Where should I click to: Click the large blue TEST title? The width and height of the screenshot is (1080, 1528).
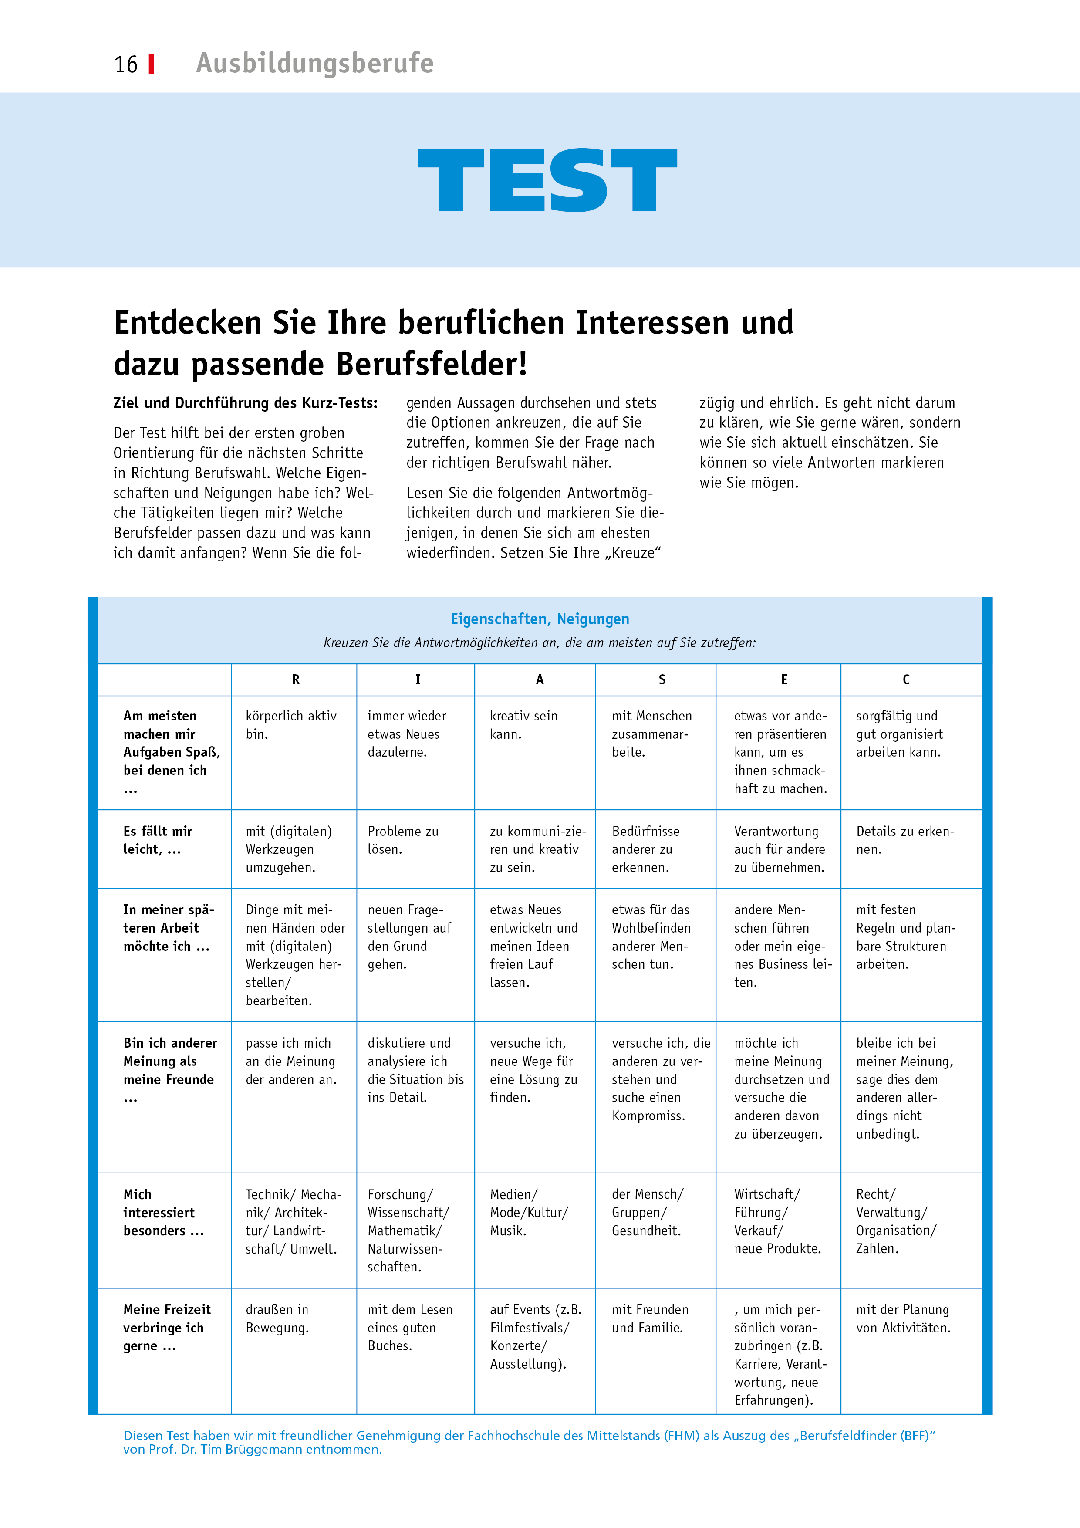click(547, 180)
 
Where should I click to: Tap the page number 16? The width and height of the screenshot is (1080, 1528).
click(126, 64)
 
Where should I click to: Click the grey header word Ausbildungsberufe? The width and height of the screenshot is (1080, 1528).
click(315, 63)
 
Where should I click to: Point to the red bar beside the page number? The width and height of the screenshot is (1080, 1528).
click(152, 64)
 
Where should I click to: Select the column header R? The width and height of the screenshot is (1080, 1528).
click(295, 679)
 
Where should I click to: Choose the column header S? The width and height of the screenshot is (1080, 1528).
click(661, 679)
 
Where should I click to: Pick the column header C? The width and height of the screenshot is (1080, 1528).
click(906, 679)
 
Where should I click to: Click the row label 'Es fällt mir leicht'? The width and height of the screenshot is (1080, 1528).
click(158, 840)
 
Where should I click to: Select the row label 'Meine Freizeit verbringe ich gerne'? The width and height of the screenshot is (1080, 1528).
click(166, 1327)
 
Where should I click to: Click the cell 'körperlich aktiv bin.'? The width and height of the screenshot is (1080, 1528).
click(291, 725)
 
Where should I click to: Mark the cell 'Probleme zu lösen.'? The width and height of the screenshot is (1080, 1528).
click(402, 840)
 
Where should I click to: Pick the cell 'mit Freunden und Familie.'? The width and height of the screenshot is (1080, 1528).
click(650, 1318)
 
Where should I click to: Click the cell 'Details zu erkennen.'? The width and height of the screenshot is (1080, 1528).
click(905, 840)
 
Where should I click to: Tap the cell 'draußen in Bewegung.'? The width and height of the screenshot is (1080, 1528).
click(277, 1318)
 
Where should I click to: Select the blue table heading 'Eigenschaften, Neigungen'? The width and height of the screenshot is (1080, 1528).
click(540, 619)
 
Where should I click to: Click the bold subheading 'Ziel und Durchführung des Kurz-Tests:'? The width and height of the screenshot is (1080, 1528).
click(246, 403)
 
